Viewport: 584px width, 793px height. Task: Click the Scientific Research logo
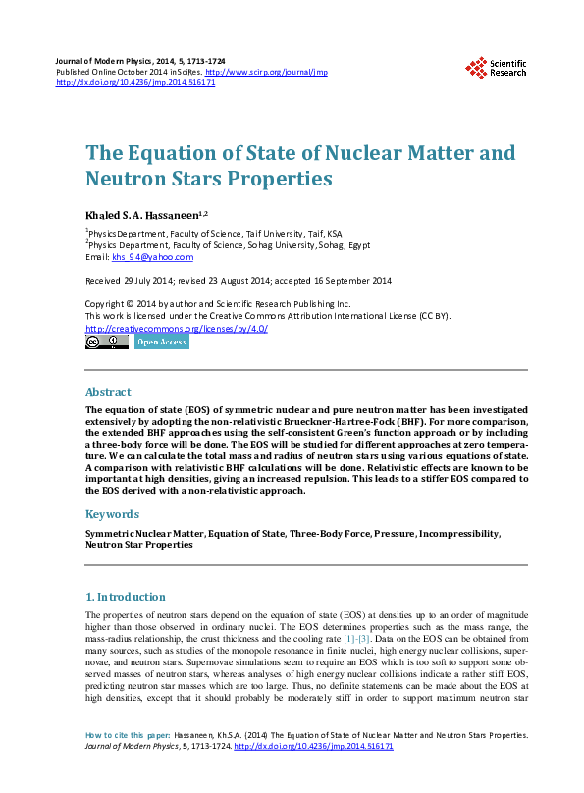point(496,67)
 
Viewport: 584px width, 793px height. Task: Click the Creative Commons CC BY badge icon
point(106,342)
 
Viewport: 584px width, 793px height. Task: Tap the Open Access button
point(161,342)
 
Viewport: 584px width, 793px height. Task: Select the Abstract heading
point(108,391)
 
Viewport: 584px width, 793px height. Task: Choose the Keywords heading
point(112,513)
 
